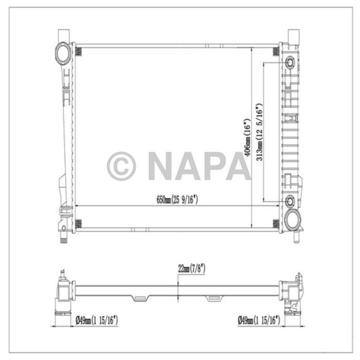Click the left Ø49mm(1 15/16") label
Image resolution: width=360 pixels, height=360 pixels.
coord(97,320)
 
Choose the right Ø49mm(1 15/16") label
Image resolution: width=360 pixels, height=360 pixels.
coord(259,320)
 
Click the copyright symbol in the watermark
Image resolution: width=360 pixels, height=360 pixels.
coord(121,166)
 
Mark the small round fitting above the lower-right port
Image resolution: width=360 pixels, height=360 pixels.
coord(289,201)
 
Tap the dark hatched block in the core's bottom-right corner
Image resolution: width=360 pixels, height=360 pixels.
coord(275,223)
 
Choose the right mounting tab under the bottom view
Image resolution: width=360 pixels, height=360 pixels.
coord(213,298)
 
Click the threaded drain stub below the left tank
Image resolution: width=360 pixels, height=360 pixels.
coord(63,239)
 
